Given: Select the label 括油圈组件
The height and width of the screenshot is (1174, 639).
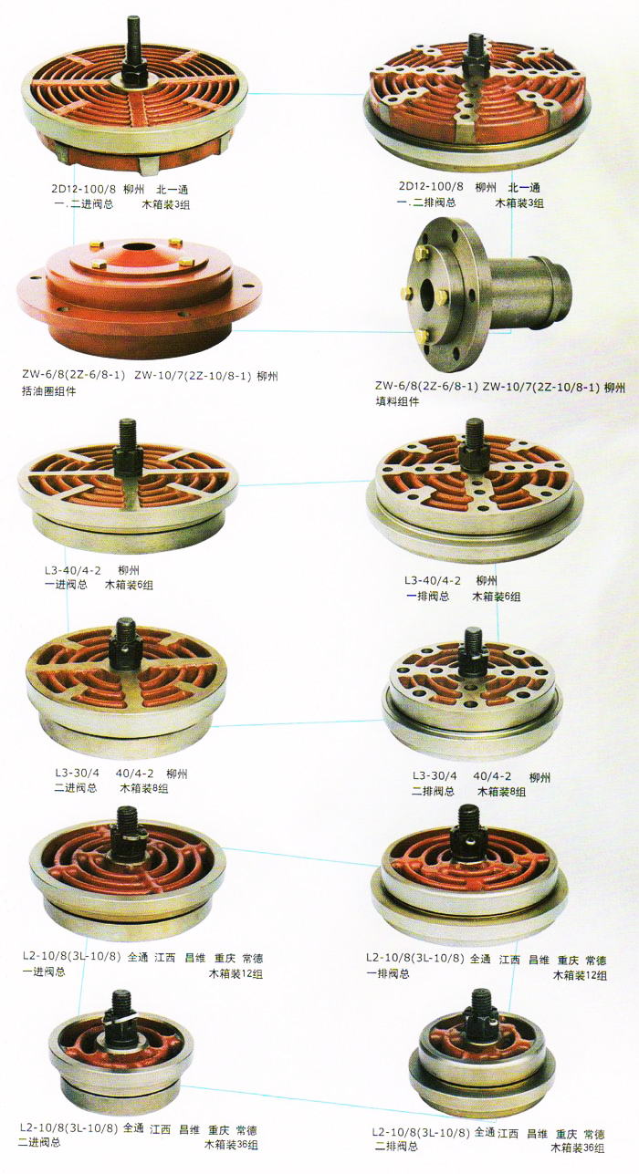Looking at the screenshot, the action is (x=48, y=391).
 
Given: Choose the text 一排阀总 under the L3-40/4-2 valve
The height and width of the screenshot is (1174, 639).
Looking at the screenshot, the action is (x=428, y=597).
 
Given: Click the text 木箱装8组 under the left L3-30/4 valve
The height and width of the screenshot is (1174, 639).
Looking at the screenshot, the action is (x=144, y=788).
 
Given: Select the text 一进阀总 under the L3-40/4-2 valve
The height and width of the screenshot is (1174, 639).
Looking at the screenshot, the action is (x=66, y=585).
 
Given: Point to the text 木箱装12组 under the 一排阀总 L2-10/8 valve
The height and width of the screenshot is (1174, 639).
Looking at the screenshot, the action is (x=581, y=975).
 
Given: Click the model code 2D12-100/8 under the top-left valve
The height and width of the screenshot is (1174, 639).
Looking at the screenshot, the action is (x=79, y=189).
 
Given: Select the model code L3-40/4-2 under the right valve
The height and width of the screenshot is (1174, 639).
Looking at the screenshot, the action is (x=433, y=581).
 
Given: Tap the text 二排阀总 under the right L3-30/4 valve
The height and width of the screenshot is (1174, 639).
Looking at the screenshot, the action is (x=433, y=791).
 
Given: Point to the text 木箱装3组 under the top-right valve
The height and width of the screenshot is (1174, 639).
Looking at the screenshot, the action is (x=520, y=203).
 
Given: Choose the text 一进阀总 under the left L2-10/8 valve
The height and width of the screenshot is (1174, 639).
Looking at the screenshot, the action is (x=44, y=971).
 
